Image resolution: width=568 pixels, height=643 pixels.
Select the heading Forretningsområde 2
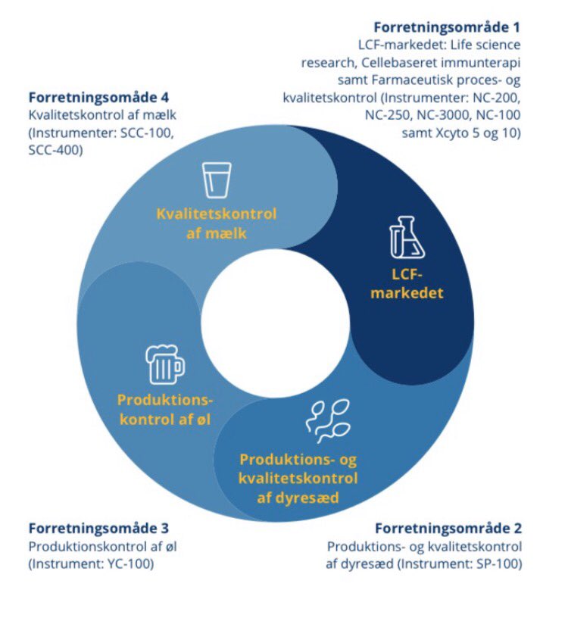click(448, 529)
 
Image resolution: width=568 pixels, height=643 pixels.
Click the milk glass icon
click(217, 179)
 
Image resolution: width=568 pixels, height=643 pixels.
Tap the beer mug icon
click(164, 365)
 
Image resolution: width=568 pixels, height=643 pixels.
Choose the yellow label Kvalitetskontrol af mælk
click(217, 223)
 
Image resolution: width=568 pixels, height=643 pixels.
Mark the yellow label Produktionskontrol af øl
click(166, 408)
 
